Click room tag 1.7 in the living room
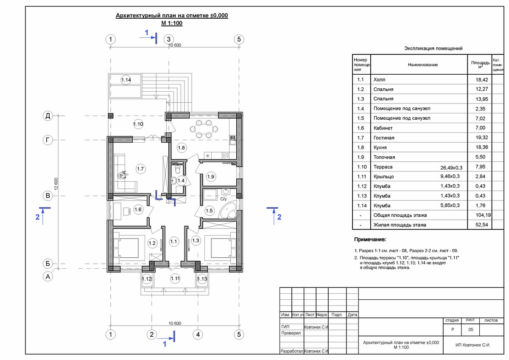[140, 169]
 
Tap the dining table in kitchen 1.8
[204, 129]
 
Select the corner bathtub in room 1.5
[228, 211]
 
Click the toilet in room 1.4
[178, 169]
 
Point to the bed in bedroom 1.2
[126, 248]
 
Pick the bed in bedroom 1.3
[221, 248]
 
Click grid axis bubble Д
[48, 116]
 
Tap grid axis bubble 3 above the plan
[169, 39]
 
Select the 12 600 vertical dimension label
[56, 184]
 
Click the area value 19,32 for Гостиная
[482, 138]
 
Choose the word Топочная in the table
[384, 157]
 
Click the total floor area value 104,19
[483, 215]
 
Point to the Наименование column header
[422, 65]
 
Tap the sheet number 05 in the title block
[470, 329]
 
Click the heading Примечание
[370, 239]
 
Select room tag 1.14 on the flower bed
[126, 80]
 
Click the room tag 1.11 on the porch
[175, 278]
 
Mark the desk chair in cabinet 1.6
[127, 211]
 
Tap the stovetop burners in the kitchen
[226, 155]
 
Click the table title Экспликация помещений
[433, 48]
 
